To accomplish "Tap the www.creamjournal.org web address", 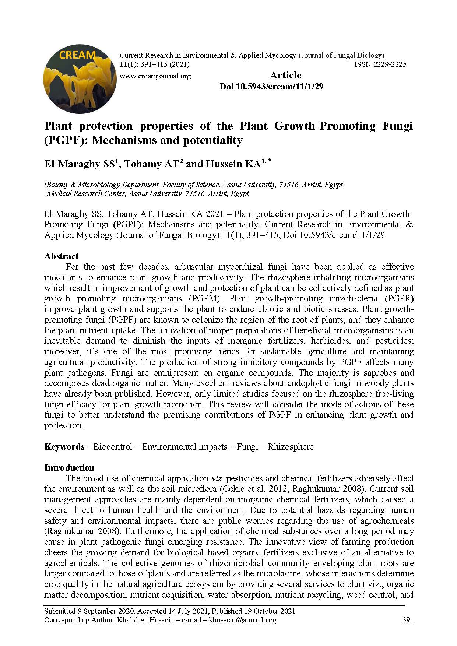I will click(x=155, y=76).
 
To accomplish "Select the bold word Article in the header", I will click(x=285, y=76).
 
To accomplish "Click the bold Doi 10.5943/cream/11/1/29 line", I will click(x=271, y=87).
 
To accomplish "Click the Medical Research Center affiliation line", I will click(x=146, y=194).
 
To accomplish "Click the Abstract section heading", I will click(x=61, y=256).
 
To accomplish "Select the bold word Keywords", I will click(x=64, y=447).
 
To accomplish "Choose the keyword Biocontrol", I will click(x=112, y=447).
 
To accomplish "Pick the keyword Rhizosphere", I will click(x=291, y=447).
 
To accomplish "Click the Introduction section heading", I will click(x=69, y=468).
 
